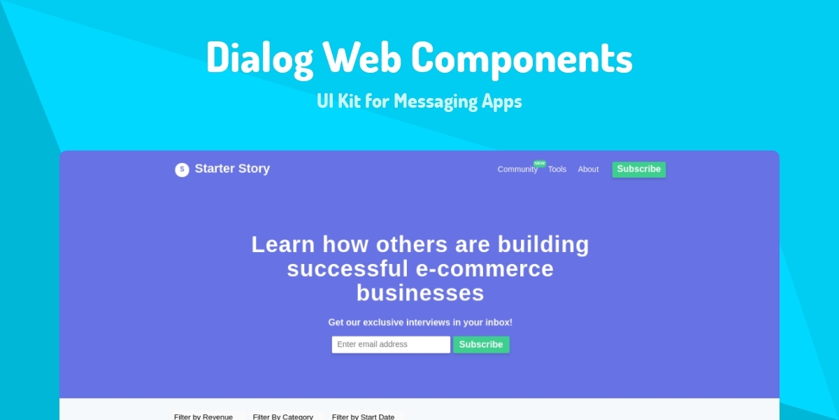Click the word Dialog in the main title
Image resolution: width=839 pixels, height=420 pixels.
click(x=259, y=57)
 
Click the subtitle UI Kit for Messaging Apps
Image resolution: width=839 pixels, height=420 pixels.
click(x=419, y=101)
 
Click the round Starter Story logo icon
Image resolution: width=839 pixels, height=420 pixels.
click(x=182, y=169)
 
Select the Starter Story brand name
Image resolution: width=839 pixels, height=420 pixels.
click(x=232, y=169)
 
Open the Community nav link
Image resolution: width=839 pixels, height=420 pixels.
click(x=517, y=169)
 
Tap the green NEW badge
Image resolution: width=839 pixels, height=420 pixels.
click(x=539, y=163)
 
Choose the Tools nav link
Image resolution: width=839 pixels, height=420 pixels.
click(x=557, y=169)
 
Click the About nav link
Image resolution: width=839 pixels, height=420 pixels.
click(x=588, y=169)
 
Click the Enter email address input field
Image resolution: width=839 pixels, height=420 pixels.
click(x=391, y=344)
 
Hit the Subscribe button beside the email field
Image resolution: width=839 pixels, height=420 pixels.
click(x=481, y=344)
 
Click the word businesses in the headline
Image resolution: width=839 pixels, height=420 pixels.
click(x=420, y=293)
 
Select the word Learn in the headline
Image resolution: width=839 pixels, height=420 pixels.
click(x=283, y=245)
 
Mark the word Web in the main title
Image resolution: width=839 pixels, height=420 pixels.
click(x=361, y=57)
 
